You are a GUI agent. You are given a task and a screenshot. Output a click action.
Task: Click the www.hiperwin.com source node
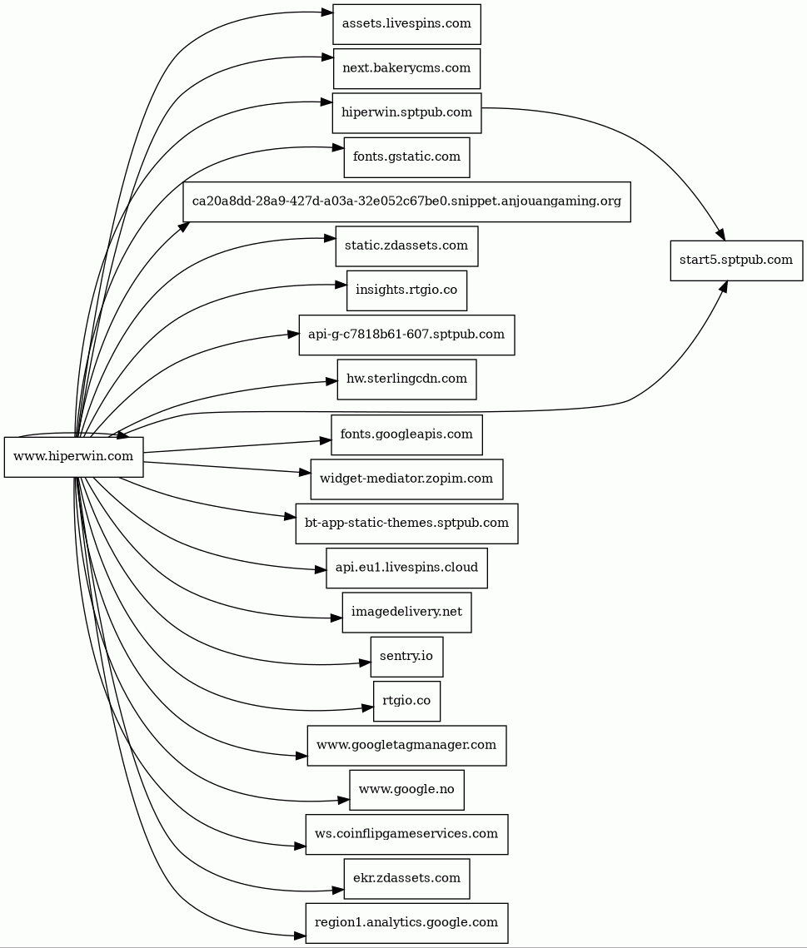pyautogui.click(x=74, y=456)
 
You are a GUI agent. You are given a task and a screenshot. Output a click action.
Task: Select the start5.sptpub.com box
pyautogui.click(x=736, y=260)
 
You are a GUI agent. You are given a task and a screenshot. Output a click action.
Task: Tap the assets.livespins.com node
pyautogui.click(x=406, y=24)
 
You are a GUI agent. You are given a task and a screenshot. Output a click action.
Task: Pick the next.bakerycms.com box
pyautogui.click(x=406, y=68)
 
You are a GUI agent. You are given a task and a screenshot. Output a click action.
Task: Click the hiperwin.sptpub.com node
pyautogui.click(x=406, y=112)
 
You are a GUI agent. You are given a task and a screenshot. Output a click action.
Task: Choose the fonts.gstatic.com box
pyautogui.click(x=406, y=157)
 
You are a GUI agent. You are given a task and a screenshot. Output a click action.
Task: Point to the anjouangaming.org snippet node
pyautogui.click(x=406, y=201)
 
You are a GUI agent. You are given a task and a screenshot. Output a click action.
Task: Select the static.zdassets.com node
pyautogui.click(x=406, y=246)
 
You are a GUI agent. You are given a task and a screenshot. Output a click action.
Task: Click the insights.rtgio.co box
pyautogui.click(x=406, y=290)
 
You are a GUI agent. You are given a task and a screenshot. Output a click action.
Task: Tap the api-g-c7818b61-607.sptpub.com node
pyautogui.click(x=406, y=335)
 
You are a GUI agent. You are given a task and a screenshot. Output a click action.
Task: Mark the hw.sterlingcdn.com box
pyautogui.click(x=406, y=379)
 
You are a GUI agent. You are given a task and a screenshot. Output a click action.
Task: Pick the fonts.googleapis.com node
pyautogui.click(x=406, y=434)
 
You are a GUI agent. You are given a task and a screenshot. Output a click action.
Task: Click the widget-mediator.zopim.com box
pyautogui.click(x=406, y=479)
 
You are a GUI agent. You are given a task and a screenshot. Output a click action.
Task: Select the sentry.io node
pyautogui.click(x=406, y=657)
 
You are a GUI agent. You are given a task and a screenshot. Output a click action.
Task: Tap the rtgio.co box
pyautogui.click(x=406, y=701)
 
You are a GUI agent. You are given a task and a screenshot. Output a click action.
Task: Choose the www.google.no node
pyautogui.click(x=406, y=790)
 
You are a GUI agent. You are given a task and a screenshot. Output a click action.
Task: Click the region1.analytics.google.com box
pyautogui.click(x=406, y=922)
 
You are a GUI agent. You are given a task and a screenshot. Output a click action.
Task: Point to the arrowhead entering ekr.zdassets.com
pyautogui.click(x=338, y=890)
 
